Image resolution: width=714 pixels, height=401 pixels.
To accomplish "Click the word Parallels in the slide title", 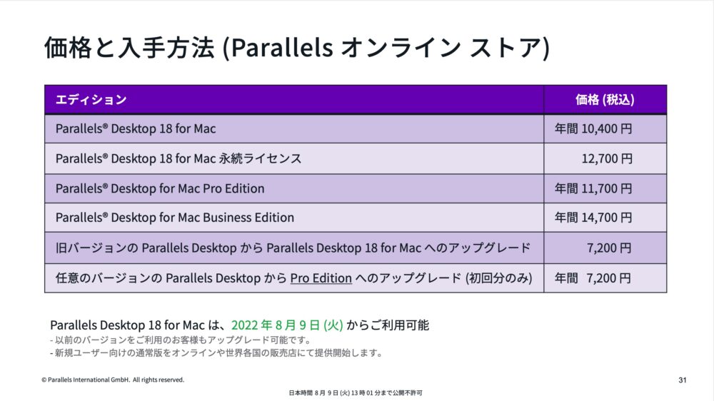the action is tap(282, 47).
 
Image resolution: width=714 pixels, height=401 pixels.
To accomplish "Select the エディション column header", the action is tap(91, 100).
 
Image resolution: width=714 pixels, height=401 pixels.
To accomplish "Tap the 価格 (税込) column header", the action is tap(605, 100).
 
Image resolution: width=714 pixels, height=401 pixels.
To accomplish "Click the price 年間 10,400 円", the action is tap(593, 129).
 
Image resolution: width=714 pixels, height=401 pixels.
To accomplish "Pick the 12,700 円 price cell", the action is tap(607, 159).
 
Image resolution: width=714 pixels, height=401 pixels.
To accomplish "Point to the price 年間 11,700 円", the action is tap(593, 188).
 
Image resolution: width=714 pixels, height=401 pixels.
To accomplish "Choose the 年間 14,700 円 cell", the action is tap(593, 218).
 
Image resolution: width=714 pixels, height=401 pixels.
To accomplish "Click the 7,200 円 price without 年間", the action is tap(609, 248).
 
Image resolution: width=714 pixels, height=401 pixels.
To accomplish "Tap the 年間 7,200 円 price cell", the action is tap(593, 278).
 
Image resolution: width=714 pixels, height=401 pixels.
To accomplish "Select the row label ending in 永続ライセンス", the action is tap(178, 159).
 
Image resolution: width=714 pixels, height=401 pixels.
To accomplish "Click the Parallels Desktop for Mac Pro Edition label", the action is tap(160, 188).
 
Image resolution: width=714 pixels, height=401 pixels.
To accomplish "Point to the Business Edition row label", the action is tap(175, 218).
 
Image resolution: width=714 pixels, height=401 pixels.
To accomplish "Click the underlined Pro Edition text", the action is tap(321, 278).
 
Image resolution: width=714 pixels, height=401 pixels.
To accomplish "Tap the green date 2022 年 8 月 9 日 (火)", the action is tap(287, 325).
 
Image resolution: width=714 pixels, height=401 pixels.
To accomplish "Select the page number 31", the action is tap(682, 380).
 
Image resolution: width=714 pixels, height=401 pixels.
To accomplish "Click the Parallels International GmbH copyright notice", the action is tap(113, 380).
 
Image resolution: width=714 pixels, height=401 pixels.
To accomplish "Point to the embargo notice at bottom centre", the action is tap(356, 393).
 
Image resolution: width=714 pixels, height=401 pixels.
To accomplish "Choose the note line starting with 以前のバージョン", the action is tap(181, 340).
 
